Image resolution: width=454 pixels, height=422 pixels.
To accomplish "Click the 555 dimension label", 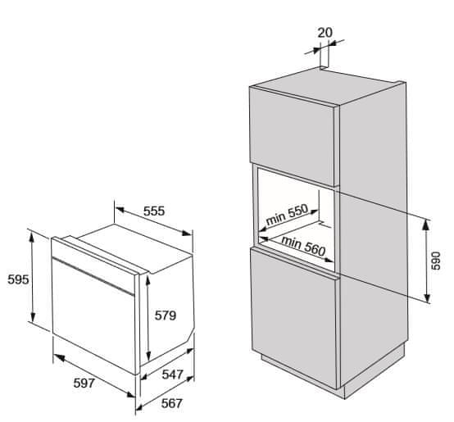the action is click(154, 211).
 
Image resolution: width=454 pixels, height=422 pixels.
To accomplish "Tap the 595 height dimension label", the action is click(18, 279).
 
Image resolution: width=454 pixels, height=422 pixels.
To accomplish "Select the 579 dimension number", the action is click(166, 315).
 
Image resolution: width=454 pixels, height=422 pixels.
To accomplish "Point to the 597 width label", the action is click(84, 383).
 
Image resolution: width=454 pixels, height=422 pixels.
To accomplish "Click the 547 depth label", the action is click(173, 374).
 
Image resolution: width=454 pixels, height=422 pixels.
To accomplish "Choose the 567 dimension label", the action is click(172, 403).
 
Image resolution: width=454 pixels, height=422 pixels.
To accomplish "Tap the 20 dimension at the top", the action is click(325, 33).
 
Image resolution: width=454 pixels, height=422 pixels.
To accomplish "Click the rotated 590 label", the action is click(436, 261).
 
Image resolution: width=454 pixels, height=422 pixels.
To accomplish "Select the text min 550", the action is click(287, 215).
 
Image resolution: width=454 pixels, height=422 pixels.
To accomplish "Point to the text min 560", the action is click(303, 247).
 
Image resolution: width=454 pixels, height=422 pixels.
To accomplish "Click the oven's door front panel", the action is click(93, 315).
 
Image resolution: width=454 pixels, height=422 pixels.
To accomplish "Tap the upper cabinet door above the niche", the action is click(293, 136).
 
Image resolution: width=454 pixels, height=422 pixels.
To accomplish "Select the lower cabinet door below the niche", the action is click(294, 319).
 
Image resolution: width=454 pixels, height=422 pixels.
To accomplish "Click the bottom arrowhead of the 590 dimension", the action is click(427, 297).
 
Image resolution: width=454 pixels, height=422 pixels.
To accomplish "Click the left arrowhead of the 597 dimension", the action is click(59, 358).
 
